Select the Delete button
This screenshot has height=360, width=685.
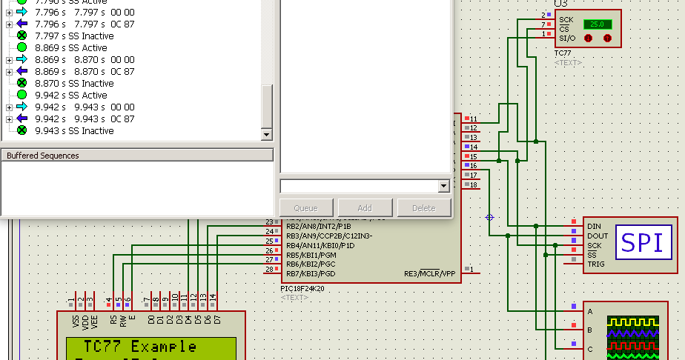[x=424, y=208]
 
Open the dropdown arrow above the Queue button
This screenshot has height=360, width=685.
[x=444, y=186]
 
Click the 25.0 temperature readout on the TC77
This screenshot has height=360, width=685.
[x=597, y=24]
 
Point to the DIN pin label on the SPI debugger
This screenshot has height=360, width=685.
[x=594, y=226]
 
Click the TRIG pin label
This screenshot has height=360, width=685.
[x=596, y=264]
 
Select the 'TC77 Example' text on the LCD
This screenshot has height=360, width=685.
[x=140, y=347]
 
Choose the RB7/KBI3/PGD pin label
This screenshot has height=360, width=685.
[x=311, y=274]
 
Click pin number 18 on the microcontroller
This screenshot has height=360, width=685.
[x=473, y=184]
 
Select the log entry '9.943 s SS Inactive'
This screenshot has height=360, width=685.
[x=74, y=130]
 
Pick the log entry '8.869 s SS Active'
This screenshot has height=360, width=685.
[x=70, y=47]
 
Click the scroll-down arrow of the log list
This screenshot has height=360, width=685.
[x=267, y=135]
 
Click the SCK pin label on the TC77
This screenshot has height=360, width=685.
[x=566, y=19]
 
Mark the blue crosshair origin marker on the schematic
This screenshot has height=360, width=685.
[x=489, y=217]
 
